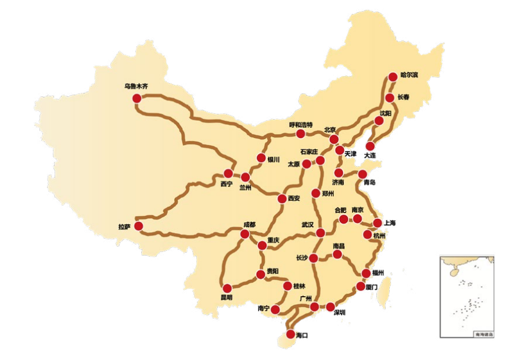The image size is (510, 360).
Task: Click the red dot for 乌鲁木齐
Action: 137,99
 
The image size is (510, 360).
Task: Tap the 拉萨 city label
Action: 124,227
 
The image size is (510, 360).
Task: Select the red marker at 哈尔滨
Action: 393,77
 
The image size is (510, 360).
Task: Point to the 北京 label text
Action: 330,130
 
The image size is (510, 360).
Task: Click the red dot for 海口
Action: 290,334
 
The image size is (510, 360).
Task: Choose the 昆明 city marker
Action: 227,288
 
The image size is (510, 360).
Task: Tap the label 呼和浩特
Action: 301,125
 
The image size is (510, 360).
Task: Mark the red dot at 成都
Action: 245,234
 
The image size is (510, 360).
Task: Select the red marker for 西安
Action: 282,199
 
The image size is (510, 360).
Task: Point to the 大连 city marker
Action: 369,146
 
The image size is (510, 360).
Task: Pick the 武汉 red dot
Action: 320,233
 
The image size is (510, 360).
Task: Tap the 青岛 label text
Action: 369,182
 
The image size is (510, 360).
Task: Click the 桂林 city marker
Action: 288,286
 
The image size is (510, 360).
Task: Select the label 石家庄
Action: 309,151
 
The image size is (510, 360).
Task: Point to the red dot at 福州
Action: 367,273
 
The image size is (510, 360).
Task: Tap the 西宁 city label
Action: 227,185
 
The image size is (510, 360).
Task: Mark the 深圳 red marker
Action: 331,307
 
